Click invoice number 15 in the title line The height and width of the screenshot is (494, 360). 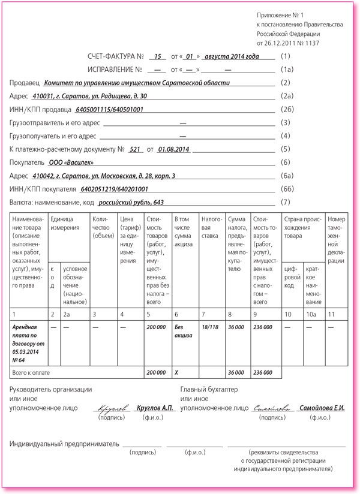(x=158, y=56)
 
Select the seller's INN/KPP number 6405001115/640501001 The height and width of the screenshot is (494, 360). (x=110, y=109)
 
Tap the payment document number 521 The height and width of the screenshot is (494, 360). (x=135, y=149)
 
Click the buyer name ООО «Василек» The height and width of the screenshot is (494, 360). (x=71, y=162)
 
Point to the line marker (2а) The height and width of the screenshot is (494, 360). (x=287, y=96)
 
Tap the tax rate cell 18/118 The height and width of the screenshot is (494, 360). (x=209, y=328)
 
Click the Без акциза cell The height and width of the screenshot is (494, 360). (x=182, y=332)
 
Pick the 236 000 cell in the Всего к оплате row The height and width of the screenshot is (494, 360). (x=263, y=372)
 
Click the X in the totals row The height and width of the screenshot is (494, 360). (x=176, y=372)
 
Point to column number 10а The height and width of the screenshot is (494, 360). (x=312, y=314)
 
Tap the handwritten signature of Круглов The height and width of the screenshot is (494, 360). (x=112, y=408)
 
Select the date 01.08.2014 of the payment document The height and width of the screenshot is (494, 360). (x=173, y=149)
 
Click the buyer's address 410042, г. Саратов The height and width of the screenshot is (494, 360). (x=105, y=175)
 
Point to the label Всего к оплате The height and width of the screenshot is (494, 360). (x=31, y=372)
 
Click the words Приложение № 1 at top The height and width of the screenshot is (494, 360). (x=280, y=14)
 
